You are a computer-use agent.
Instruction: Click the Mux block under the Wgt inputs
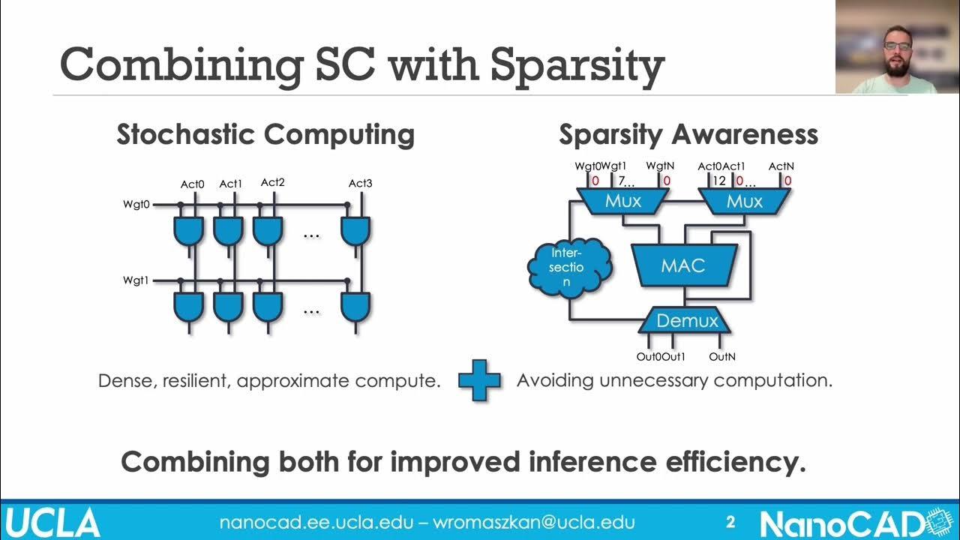(623, 201)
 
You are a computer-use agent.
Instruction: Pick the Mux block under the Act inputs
(744, 201)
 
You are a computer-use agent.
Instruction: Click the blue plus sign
(479, 380)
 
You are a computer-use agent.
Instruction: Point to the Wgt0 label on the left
(136, 204)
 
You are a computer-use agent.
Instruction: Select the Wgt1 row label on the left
(136, 280)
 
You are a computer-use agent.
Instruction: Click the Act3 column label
(360, 183)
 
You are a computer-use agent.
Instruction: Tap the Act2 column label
(272, 182)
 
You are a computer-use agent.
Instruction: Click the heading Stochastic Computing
(265, 135)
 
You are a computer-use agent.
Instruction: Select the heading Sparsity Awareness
(688, 135)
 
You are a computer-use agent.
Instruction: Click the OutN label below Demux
(721, 357)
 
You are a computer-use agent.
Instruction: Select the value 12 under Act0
(719, 181)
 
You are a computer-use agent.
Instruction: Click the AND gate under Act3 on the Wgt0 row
(355, 231)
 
